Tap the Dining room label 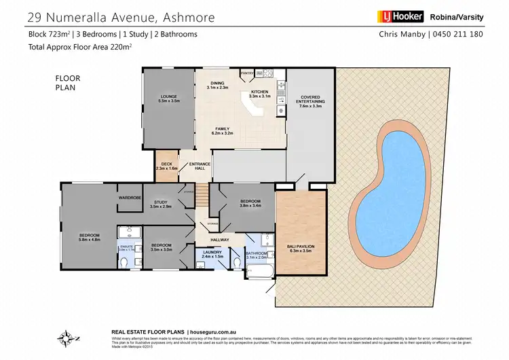219,85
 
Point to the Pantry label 248,71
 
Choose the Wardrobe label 129,197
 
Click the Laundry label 213,254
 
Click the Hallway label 220,239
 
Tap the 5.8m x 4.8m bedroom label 90,237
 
